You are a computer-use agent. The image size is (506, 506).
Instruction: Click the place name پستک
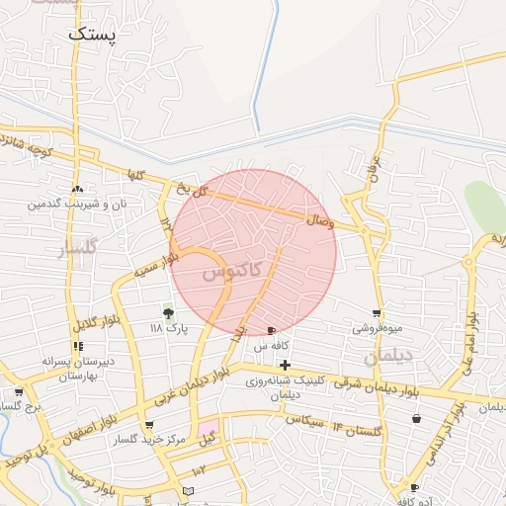click(x=93, y=34)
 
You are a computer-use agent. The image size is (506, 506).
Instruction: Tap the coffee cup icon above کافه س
click(x=272, y=330)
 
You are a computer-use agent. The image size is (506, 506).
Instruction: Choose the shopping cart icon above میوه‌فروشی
click(x=377, y=313)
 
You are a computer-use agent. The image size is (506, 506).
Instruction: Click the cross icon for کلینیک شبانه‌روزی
click(x=286, y=366)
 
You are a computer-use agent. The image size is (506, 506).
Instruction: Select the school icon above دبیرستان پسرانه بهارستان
click(x=78, y=346)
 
